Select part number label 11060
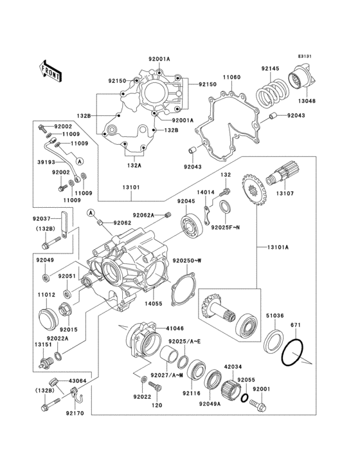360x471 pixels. click(231, 77)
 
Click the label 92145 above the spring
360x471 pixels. click(271, 69)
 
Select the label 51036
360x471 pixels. click(276, 316)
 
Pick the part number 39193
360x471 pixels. click(46, 163)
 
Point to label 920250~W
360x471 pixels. click(187, 261)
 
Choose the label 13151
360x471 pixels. click(42, 344)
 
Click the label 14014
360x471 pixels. click(206, 192)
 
